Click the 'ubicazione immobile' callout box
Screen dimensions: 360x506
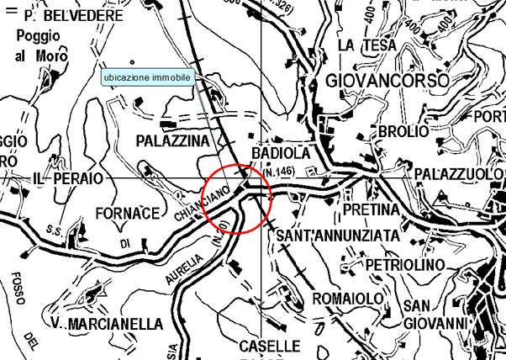click(148, 77)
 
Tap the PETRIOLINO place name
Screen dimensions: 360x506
click(404, 266)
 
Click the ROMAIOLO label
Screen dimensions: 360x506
click(347, 299)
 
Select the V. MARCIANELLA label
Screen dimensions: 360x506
click(105, 325)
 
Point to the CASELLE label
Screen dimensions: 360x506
click(269, 346)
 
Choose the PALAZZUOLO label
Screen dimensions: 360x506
click(458, 172)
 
